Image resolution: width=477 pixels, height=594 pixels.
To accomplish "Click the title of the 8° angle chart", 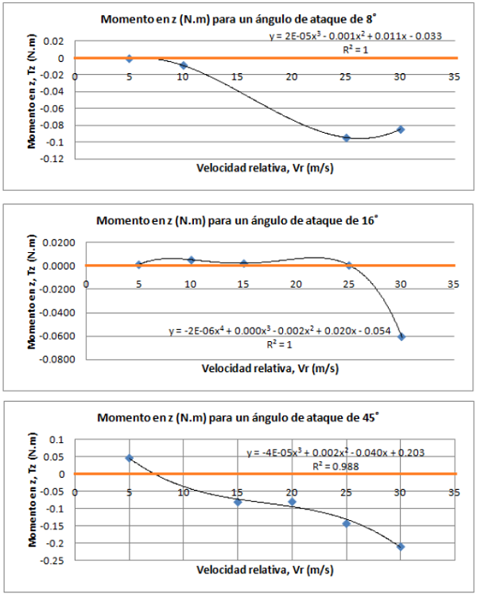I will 238,20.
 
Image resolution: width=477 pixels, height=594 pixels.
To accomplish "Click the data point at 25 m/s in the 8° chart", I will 347,138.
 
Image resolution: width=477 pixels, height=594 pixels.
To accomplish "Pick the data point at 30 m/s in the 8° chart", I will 401,129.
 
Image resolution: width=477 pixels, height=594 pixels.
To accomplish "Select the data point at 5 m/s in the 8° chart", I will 129,58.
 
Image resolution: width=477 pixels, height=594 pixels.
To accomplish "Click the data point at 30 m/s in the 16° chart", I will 401,336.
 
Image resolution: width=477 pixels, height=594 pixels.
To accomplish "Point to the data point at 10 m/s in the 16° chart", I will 191,260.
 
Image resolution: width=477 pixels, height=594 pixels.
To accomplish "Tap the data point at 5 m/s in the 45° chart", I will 129,458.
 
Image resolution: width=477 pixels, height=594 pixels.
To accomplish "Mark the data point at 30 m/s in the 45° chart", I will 401,546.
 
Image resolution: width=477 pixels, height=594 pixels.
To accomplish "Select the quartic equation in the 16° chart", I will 279,332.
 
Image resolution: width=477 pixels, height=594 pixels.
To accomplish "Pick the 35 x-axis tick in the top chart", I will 454,77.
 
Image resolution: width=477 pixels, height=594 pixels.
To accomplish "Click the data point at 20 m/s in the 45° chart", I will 292,502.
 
